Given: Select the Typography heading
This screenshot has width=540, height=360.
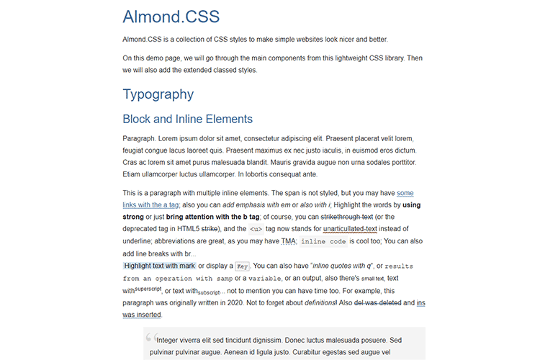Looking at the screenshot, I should tap(158, 94).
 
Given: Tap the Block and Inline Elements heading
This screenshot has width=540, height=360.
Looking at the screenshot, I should tap(187, 120).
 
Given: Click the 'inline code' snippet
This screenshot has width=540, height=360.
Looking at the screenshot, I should tap(323, 241).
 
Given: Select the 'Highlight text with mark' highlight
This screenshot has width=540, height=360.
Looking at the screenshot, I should tap(159, 266).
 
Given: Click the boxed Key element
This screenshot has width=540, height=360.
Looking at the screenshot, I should tap(243, 266).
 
